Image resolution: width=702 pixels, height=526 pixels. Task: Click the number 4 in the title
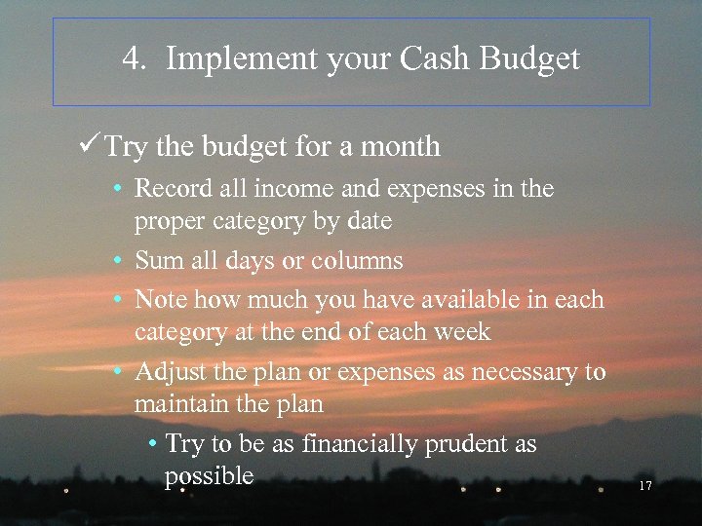(x=132, y=59)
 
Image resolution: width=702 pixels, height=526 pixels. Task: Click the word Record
(x=167, y=188)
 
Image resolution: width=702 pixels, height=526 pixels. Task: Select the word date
(x=369, y=221)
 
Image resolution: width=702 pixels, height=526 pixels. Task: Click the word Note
(x=158, y=299)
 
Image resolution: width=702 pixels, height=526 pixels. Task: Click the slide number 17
(x=644, y=485)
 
